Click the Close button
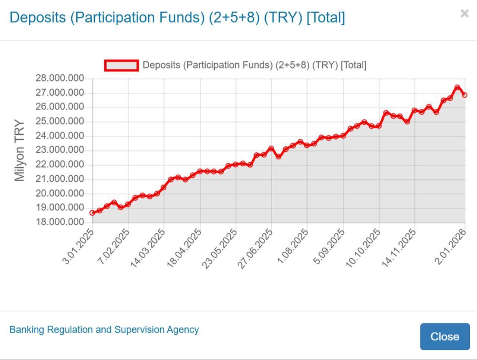(445, 336)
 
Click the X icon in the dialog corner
(464, 14)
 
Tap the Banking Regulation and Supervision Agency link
(104, 329)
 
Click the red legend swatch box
(121, 66)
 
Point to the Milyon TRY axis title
(19, 150)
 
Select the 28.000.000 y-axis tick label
(60, 78)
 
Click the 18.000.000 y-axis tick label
(60, 222)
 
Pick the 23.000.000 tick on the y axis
(60, 150)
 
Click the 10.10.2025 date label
(363, 248)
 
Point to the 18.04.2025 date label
(184, 248)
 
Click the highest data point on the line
(457, 87)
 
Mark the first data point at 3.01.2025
(92, 213)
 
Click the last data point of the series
(465, 95)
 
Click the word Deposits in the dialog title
(38, 17)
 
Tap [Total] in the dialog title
(326, 17)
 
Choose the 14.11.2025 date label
(399, 248)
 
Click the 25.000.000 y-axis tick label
(60, 121)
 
